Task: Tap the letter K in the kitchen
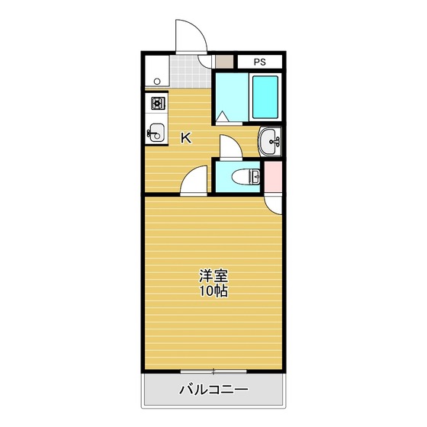coord(185,138)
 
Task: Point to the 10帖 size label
coord(213,291)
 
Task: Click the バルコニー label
coord(213,391)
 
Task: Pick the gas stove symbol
coord(157,103)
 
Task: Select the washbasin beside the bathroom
coord(271,140)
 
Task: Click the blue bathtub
coord(266,97)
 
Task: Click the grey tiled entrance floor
coord(188,73)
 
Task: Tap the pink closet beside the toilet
coord(274,177)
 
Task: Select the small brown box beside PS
coord(224,62)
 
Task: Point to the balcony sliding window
coord(213,372)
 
